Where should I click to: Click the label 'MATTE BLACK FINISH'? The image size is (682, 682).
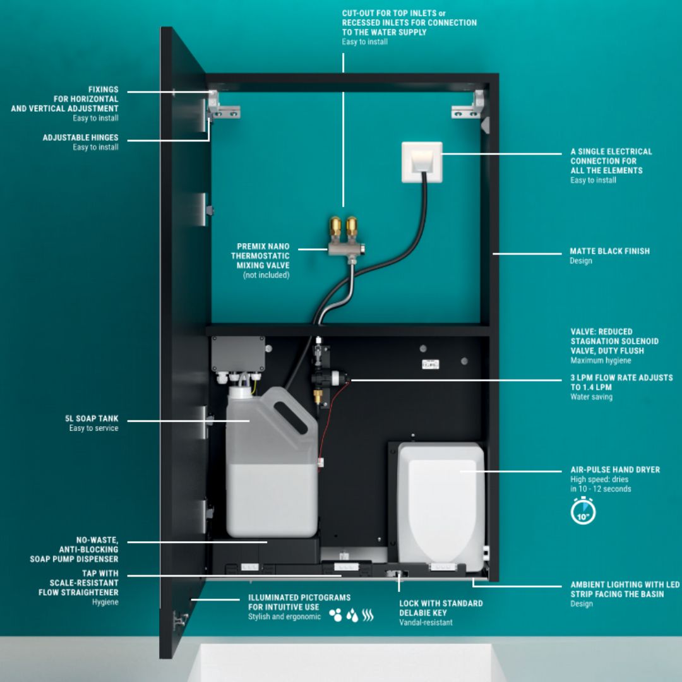609,251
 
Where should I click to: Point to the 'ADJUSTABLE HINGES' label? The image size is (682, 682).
80,138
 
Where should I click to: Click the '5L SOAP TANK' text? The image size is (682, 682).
92,419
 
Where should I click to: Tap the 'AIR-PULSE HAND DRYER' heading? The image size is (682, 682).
615,470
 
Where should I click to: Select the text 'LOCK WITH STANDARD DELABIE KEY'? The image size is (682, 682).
441,607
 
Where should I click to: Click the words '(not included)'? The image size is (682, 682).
266,275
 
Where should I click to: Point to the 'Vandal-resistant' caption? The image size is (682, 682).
426,622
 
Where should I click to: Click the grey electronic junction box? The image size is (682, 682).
239,354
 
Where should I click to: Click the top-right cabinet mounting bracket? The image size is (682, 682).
468,107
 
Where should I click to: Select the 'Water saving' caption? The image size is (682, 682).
591,397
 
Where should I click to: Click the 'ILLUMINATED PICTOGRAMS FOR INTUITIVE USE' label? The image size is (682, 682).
299,602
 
